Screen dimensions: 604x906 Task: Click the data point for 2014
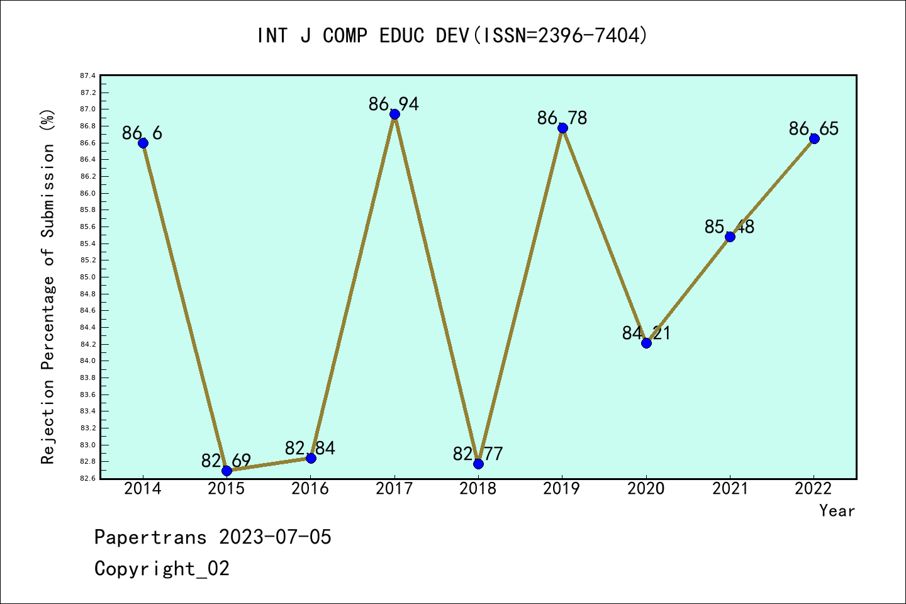tap(143, 143)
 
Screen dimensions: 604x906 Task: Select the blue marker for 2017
tap(394, 114)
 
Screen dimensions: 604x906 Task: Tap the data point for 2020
tap(646, 343)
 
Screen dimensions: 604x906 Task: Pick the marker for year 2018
tap(478, 464)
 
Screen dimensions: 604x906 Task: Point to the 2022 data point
tap(814, 138)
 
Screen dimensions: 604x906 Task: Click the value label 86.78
tap(562, 118)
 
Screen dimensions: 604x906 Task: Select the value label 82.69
tap(226, 461)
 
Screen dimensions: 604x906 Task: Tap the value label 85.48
tap(729, 226)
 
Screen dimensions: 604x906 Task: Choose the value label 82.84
tap(310, 448)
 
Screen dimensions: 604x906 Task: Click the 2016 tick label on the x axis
tap(310, 489)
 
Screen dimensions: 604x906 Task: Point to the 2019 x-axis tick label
tap(562, 489)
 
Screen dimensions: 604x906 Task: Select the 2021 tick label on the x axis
tap(730, 489)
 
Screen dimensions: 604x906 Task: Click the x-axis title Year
tap(837, 511)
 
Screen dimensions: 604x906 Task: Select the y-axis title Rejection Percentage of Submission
tap(48, 287)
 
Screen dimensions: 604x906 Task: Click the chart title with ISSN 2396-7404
tap(452, 36)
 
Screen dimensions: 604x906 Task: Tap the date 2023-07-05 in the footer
tap(275, 537)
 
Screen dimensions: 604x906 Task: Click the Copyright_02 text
tap(162, 569)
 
